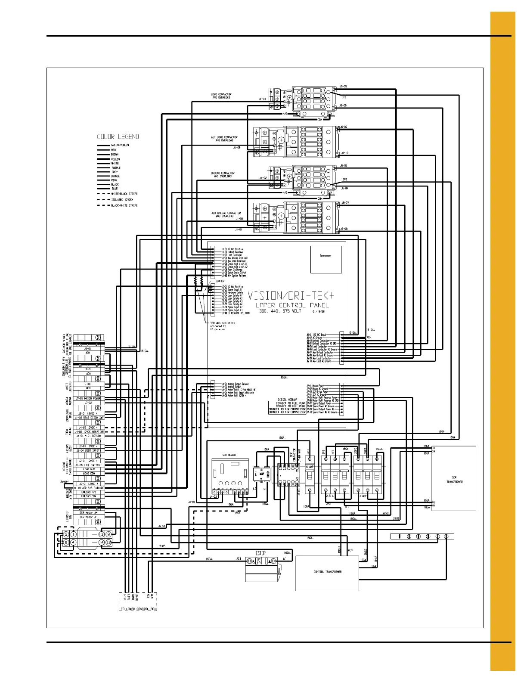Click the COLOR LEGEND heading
click(x=118, y=137)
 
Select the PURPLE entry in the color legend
click(x=116, y=168)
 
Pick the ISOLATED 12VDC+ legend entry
click(x=123, y=200)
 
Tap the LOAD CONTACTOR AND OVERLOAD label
click(x=221, y=96)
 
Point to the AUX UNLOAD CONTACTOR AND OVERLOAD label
click(x=226, y=214)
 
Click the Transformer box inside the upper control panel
click(x=326, y=259)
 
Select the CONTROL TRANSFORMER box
click(x=327, y=573)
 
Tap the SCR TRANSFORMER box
click(x=454, y=478)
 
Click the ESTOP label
click(x=261, y=553)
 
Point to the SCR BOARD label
click(x=229, y=455)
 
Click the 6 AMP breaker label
click(x=310, y=467)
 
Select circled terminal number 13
click(x=102, y=534)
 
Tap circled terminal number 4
click(x=74, y=542)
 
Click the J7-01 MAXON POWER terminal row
click(x=88, y=399)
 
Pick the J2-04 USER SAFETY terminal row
click(x=88, y=450)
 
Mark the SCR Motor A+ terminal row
click(x=88, y=513)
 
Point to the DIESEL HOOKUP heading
click(x=288, y=400)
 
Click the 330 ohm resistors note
click(x=222, y=326)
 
